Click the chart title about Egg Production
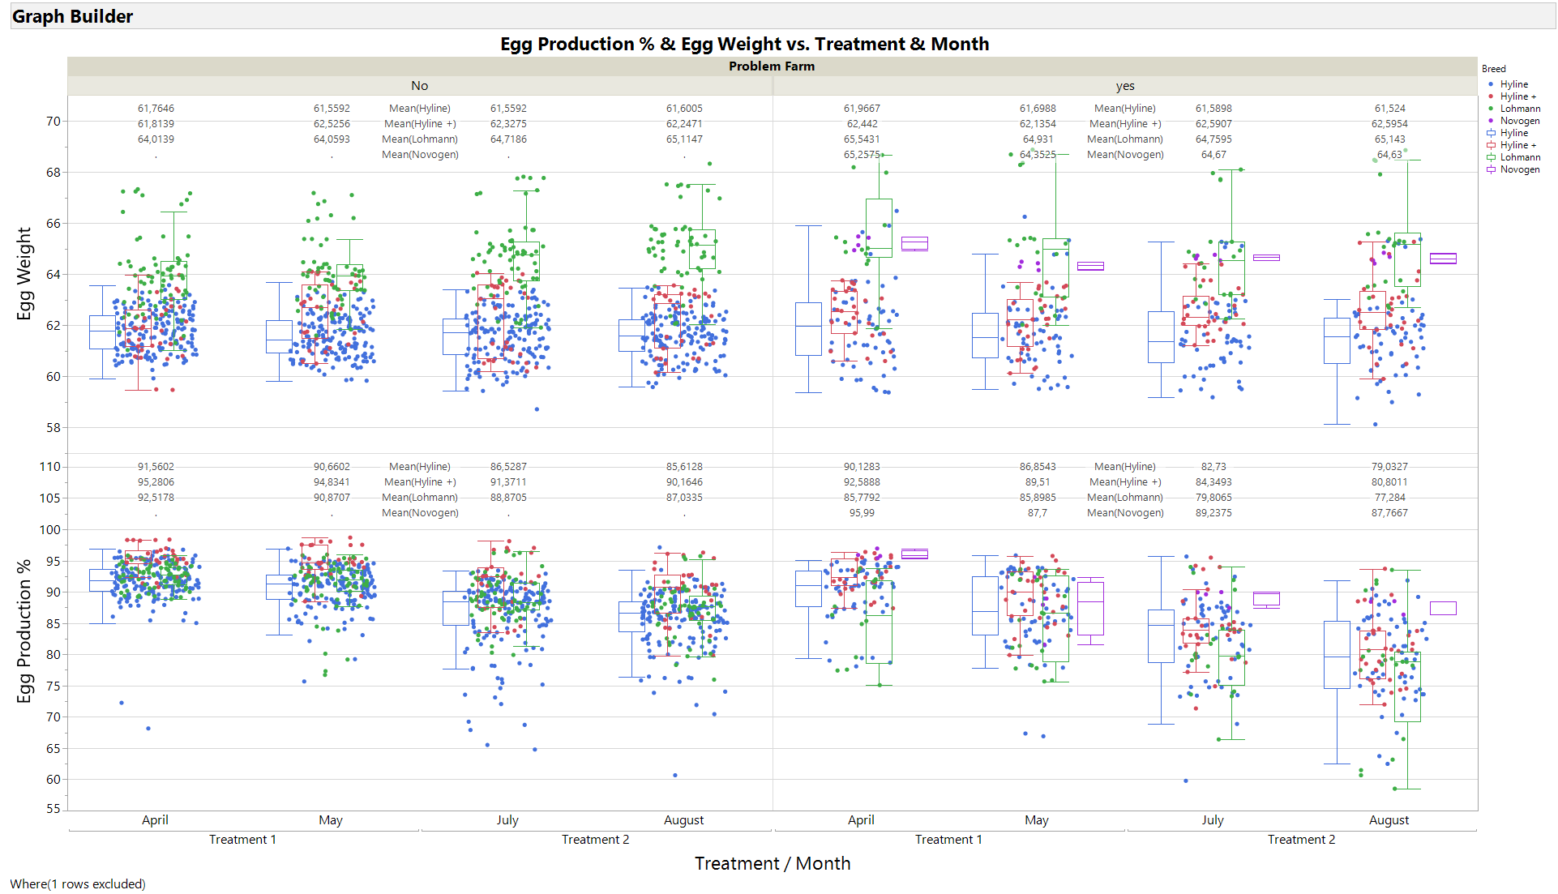click(x=744, y=44)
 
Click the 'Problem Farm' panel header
click(x=771, y=66)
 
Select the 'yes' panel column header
click(x=1124, y=86)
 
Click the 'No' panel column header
click(x=419, y=86)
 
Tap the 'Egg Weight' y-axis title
click(x=24, y=273)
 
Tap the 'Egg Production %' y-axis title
click(x=24, y=630)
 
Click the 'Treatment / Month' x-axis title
click(x=772, y=863)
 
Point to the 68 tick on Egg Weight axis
click(x=53, y=173)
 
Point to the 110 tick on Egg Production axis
click(x=49, y=467)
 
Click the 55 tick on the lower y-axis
click(x=53, y=809)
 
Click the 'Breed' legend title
click(x=1493, y=69)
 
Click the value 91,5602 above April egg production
click(x=156, y=467)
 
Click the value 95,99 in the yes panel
click(x=862, y=513)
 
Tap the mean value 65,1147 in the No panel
click(x=684, y=139)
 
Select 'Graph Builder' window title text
click(x=72, y=16)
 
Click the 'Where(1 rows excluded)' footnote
click(x=78, y=883)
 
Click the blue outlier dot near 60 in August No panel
click(x=675, y=775)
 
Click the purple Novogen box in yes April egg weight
click(x=914, y=243)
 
